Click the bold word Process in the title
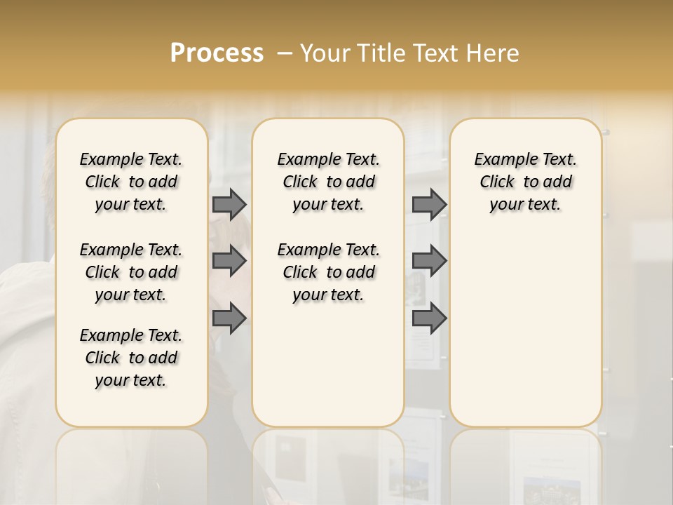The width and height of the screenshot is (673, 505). tap(217, 53)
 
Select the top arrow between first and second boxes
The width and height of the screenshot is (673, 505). tap(229, 204)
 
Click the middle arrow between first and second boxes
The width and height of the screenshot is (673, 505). tap(229, 262)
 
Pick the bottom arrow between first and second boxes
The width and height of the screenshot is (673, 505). tap(229, 318)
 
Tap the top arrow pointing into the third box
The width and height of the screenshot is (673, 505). tap(429, 204)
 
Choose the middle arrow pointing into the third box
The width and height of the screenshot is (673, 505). tap(429, 262)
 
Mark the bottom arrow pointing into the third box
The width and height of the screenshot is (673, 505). tap(429, 318)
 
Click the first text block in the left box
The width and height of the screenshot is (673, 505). tap(131, 182)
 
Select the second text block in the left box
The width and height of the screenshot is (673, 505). tap(131, 272)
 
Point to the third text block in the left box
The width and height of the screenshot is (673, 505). tap(131, 358)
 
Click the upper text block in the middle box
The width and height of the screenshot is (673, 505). tap(328, 182)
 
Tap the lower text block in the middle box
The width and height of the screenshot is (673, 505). tap(328, 272)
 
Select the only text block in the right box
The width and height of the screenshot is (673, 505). tap(525, 182)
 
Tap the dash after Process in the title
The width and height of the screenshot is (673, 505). tap(285, 53)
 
